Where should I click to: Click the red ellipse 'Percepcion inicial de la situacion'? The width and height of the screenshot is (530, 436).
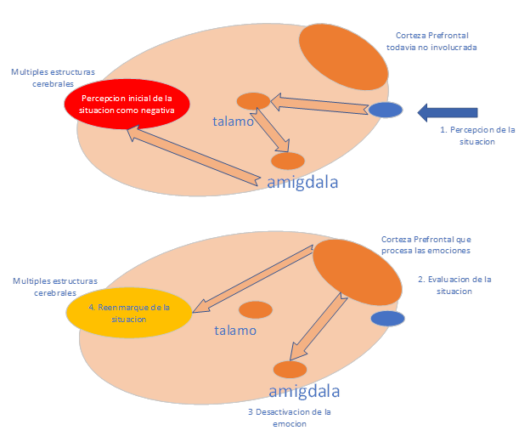click(127, 105)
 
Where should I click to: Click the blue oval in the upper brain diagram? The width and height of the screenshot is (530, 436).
click(385, 110)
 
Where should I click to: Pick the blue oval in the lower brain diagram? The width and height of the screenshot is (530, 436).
click(387, 318)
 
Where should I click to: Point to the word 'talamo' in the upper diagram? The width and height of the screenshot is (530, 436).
click(233, 122)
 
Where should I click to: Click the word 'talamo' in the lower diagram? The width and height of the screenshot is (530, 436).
click(235, 331)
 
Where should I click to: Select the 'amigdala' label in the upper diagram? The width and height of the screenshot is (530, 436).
click(303, 182)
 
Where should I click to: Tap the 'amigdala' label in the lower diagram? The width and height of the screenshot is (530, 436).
click(304, 391)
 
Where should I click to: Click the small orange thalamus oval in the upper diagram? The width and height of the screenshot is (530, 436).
click(253, 101)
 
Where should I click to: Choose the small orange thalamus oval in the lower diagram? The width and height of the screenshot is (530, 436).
click(255, 310)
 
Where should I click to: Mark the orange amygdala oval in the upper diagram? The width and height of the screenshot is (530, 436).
click(288, 161)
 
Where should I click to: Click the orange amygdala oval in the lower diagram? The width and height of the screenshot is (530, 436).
click(290, 369)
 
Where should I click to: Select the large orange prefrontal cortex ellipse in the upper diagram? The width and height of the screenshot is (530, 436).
click(343, 57)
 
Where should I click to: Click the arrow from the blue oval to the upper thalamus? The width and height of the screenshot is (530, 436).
click(319, 105)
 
